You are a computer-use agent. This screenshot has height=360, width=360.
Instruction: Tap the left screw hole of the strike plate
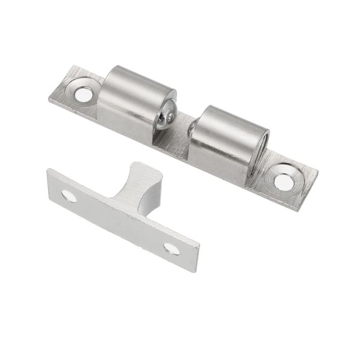(x=68, y=195)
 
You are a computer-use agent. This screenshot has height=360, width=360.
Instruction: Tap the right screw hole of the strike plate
(x=172, y=248)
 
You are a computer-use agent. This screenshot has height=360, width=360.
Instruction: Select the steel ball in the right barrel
(x=193, y=127)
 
